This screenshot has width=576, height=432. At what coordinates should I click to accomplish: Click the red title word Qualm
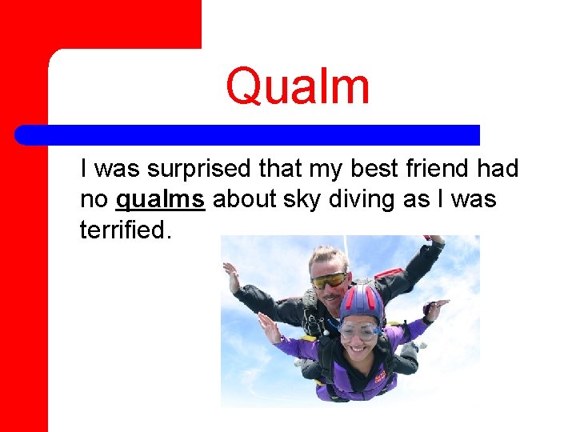[298, 86]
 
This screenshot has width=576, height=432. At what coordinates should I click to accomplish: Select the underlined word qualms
[161, 199]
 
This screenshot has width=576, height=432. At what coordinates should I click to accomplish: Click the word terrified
[125, 230]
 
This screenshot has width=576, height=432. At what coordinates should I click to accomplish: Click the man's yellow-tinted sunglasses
[329, 280]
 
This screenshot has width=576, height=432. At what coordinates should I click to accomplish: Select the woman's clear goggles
[359, 329]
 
